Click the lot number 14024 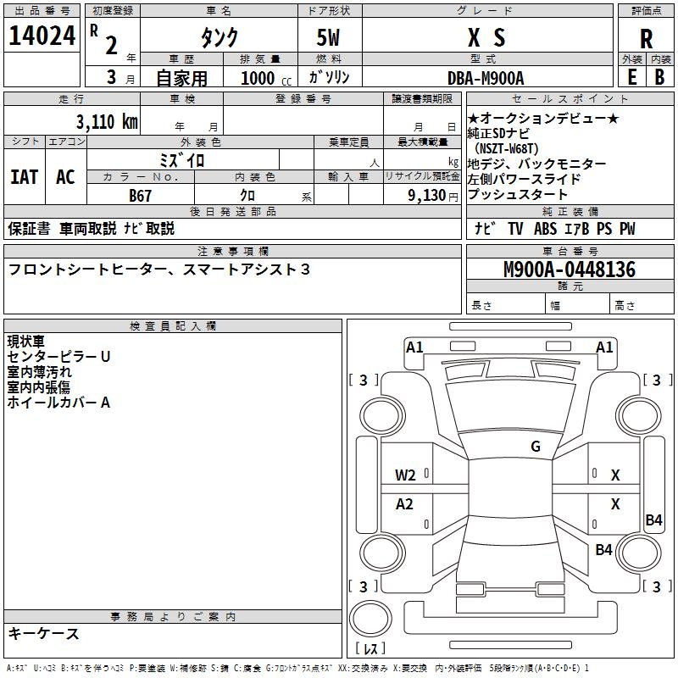[x=41, y=36]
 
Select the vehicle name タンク [x=219, y=37]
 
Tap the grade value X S [x=486, y=37]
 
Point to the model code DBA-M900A [x=486, y=78]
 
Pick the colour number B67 [x=141, y=196]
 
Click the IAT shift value [x=24, y=176]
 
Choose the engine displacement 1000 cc [x=264, y=78]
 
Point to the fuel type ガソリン [x=330, y=77]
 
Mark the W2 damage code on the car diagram [x=405, y=475]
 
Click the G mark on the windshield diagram [x=535, y=447]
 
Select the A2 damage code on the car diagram [x=405, y=504]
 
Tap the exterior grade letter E [x=631, y=77]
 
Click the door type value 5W [x=330, y=37]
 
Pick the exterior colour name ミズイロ [x=182, y=159]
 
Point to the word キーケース [x=44, y=634]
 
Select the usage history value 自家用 [x=181, y=78]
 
